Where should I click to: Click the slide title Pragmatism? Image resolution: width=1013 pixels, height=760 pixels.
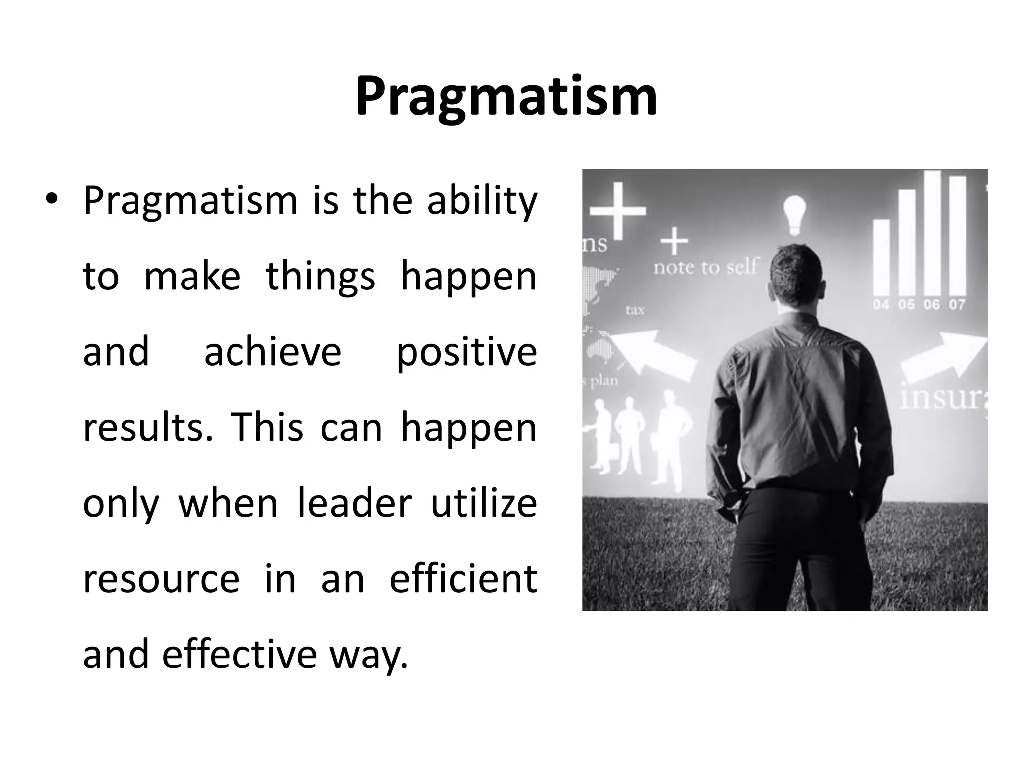(x=506, y=96)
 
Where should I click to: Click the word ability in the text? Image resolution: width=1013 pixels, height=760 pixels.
(x=482, y=202)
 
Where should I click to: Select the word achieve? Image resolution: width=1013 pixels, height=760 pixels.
(x=273, y=352)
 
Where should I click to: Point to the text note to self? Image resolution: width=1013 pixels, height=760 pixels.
(x=705, y=268)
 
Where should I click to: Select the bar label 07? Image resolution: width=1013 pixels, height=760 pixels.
(x=957, y=304)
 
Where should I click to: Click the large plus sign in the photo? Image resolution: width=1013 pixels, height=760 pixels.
(x=618, y=210)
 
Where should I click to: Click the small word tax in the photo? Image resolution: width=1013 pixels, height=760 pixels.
(x=635, y=310)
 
